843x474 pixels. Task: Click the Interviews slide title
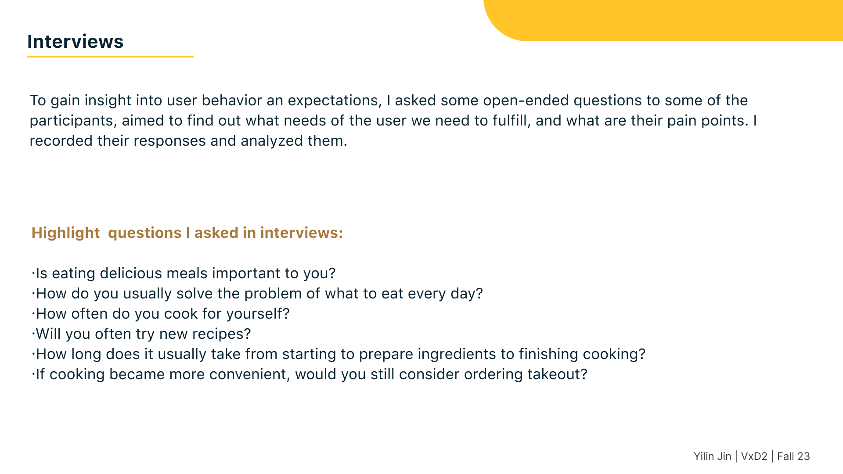click(75, 42)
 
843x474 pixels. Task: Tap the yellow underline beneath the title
click(110, 57)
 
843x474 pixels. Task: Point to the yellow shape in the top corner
click(663, 21)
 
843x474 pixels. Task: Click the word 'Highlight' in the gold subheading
click(66, 233)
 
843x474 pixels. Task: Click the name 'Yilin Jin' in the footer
click(712, 456)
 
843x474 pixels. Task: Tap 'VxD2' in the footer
click(754, 456)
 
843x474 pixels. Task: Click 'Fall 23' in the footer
click(793, 456)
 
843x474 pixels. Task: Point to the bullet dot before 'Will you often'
click(33, 334)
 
